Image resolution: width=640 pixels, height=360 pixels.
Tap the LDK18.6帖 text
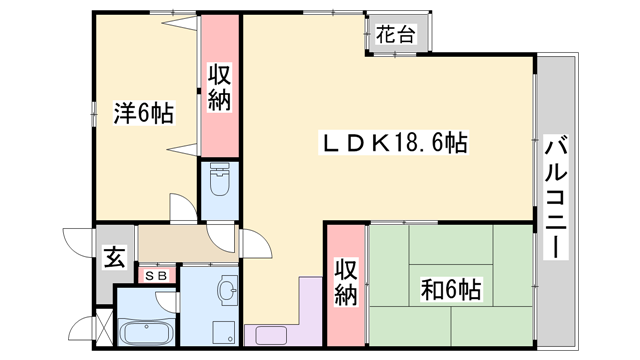pyautogui.click(x=392, y=142)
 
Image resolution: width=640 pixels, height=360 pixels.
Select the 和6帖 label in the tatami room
pyautogui.click(x=451, y=290)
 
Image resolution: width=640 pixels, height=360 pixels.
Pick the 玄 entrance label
pyautogui.click(x=115, y=259)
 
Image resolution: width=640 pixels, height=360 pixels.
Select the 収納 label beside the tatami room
pyautogui.click(x=346, y=282)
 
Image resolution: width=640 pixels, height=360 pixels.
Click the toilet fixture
pyautogui.click(x=220, y=185)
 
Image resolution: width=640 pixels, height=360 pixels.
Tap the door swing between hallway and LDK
pyautogui.click(x=252, y=244)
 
